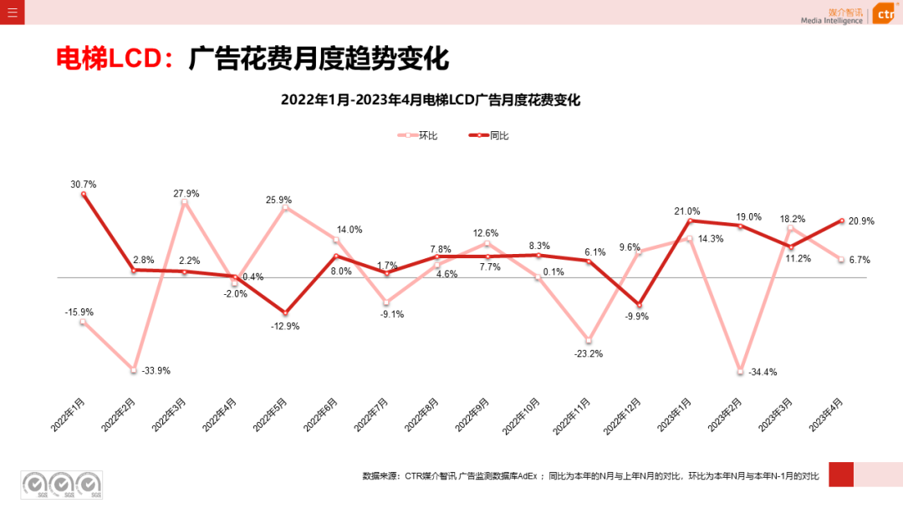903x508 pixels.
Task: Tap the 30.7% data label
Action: point(84,185)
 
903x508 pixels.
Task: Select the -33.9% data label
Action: point(156,370)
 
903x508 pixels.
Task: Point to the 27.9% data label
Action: point(186,193)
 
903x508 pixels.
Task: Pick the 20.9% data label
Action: point(861,221)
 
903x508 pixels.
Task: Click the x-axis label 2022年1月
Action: point(69,414)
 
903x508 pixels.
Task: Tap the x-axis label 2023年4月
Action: point(827,414)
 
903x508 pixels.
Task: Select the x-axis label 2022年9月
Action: point(473,414)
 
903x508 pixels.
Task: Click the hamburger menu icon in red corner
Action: point(13,13)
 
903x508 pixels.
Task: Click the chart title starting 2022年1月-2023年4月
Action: point(431,100)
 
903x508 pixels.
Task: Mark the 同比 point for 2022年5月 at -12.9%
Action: point(285,312)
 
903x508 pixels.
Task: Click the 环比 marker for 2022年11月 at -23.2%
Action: point(589,340)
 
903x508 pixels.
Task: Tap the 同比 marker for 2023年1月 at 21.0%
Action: point(690,221)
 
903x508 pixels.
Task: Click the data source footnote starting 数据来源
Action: point(590,475)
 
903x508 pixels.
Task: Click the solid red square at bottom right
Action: point(840,474)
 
